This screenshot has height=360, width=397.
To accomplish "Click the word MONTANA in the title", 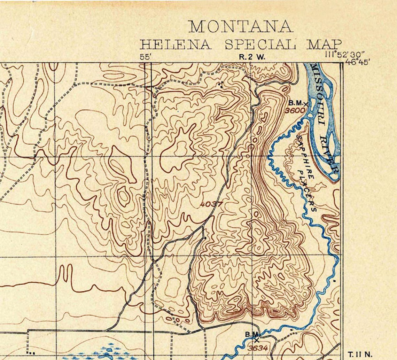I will point(240,27).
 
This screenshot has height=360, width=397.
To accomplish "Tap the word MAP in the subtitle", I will point(324,44).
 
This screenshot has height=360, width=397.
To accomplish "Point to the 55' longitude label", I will point(145,57).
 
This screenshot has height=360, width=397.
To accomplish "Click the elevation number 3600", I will point(295,110).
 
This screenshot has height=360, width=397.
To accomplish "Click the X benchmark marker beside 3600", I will point(306,104).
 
